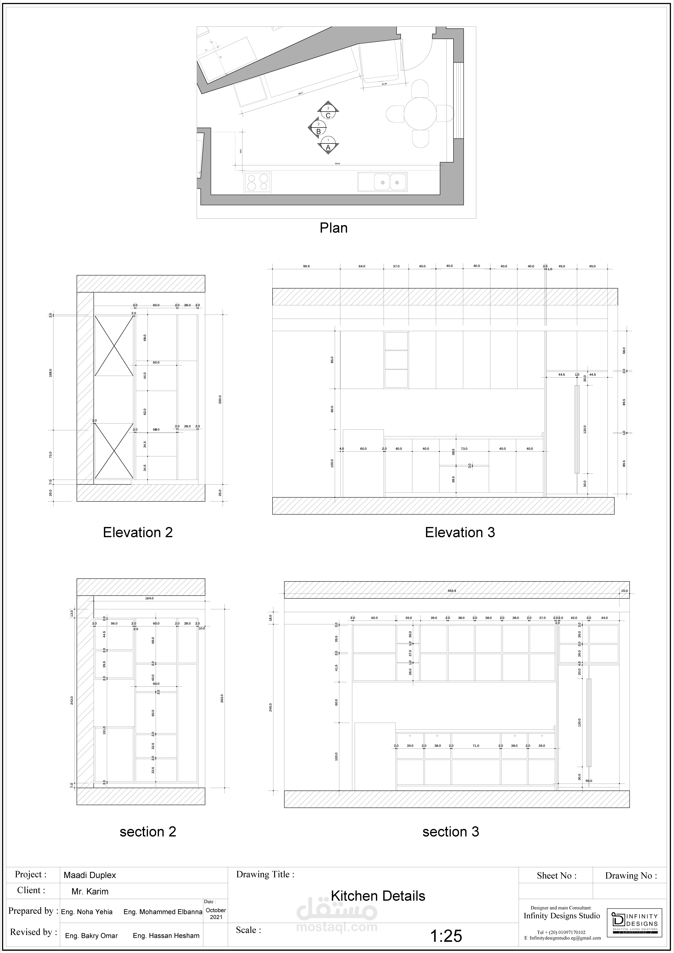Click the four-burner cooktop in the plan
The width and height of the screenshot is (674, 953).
click(x=257, y=182)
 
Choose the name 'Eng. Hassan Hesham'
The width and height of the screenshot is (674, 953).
click(x=166, y=936)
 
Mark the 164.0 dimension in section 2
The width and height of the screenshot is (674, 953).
click(x=149, y=598)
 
